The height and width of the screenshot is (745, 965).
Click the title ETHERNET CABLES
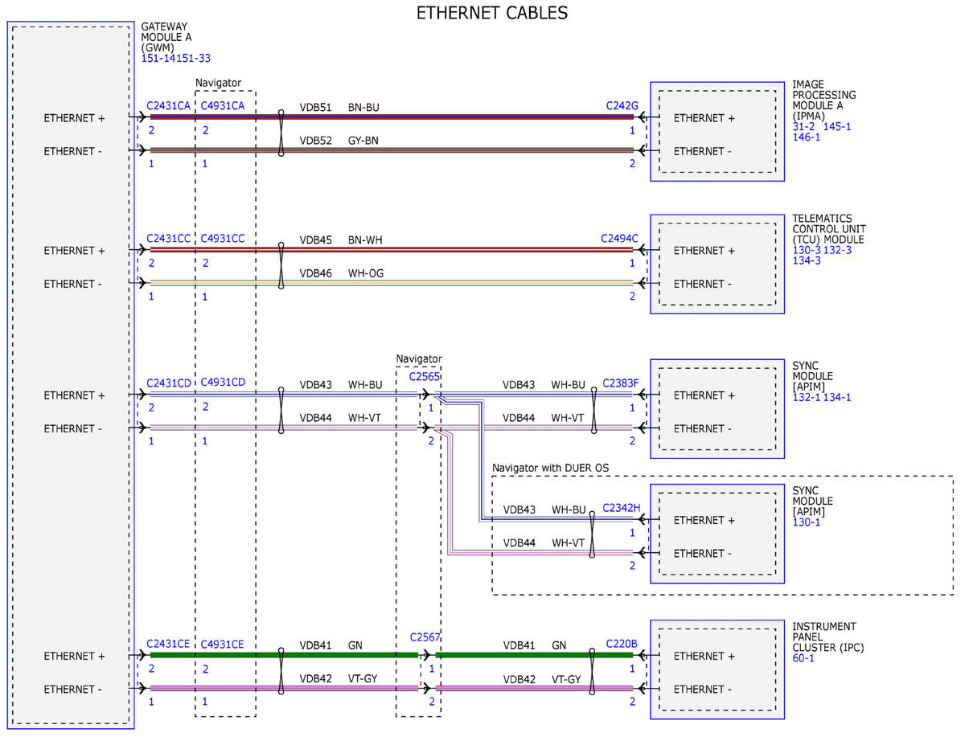tap(491, 13)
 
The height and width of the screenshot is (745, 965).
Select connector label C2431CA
tap(168, 105)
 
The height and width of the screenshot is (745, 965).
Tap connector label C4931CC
tap(223, 238)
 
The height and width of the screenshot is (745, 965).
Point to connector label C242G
tap(622, 105)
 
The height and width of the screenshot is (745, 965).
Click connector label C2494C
tap(619, 238)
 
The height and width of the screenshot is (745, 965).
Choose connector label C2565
tap(424, 377)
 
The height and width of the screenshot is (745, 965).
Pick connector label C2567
tap(425, 637)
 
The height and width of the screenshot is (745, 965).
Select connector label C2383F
tap(620, 383)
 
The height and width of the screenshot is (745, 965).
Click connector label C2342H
tap(622, 508)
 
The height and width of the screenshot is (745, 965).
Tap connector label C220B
tap(622, 644)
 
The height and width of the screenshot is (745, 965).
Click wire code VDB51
tap(315, 108)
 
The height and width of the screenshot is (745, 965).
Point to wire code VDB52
tap(315, 141)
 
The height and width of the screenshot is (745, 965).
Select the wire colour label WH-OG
tap(365, 273)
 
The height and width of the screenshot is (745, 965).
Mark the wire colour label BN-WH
tap(365, 240)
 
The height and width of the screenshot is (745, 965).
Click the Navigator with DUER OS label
tap(550, 468)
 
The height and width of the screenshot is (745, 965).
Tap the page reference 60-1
tap(803, 658)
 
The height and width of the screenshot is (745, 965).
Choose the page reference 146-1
tap(807, 137)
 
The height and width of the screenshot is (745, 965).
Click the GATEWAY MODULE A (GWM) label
tap(166, 37)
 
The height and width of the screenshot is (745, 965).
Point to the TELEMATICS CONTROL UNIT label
tap(828, 223)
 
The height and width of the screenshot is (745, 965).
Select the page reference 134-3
tap(807, 260)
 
